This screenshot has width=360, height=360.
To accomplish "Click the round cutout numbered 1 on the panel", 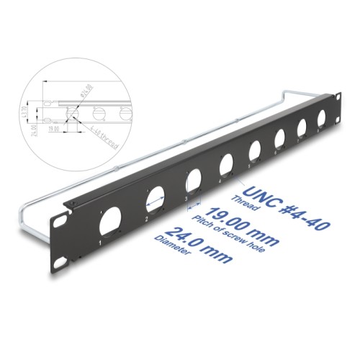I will coord(114,219).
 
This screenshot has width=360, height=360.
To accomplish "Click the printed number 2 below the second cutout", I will coord(146,218).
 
